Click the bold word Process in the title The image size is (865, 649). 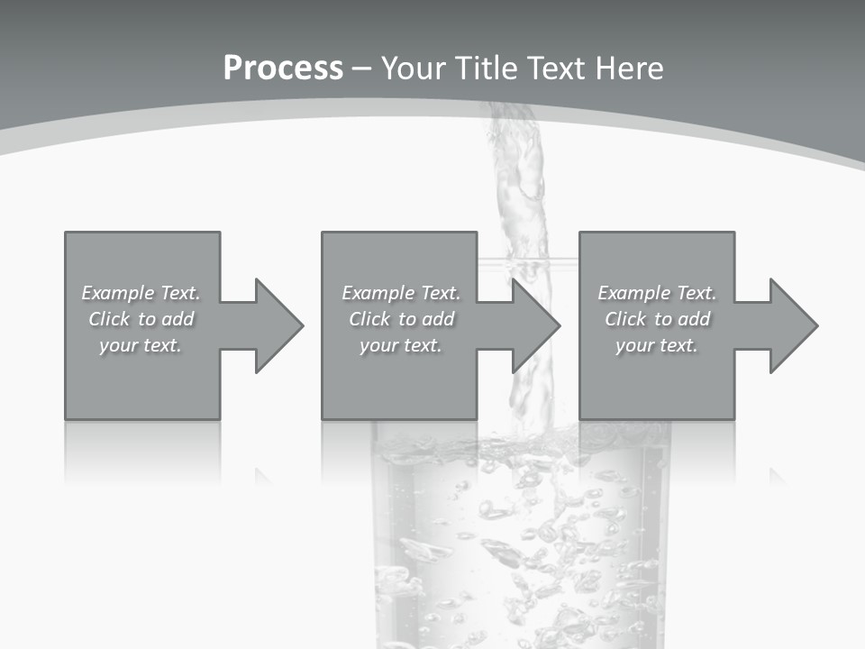(x=283, y=69)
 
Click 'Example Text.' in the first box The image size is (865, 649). (x=141, y=293)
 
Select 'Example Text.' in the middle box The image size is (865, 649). (x=401, y=293)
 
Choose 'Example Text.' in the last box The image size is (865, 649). (x=657, y=293)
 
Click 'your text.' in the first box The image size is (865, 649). (x=141, y=345)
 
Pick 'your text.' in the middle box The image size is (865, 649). (x=401, y=345)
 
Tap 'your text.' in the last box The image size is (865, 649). (x=657, y=345)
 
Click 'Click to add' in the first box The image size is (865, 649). (x=141, y=319)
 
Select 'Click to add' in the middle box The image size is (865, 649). (x=401, y=319)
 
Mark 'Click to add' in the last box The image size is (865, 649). (x=657, y=319)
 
